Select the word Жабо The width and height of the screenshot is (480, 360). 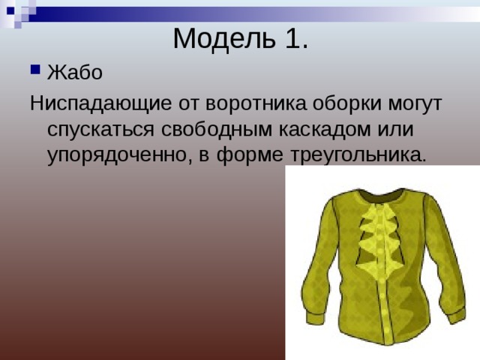pyautogui.click(x=70, y=73)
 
